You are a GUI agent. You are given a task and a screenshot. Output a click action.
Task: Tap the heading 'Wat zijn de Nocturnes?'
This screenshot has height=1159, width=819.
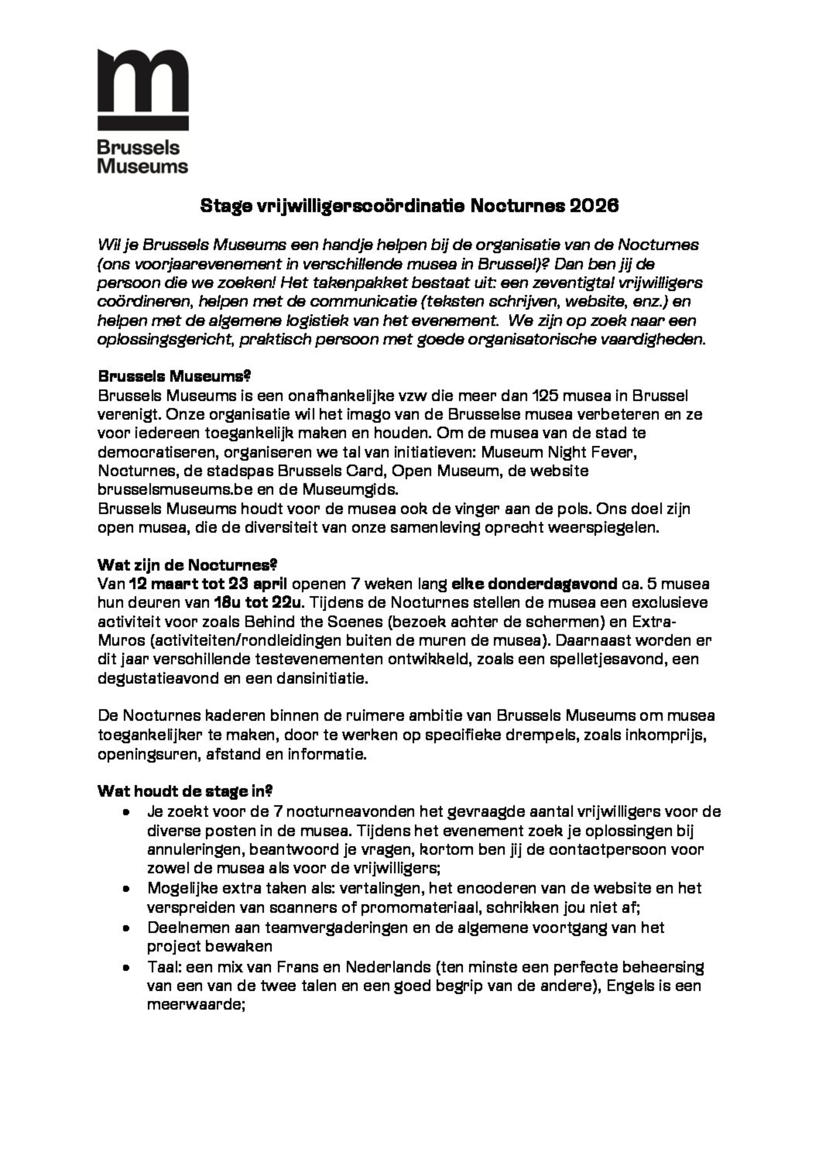click(x=187, y=564)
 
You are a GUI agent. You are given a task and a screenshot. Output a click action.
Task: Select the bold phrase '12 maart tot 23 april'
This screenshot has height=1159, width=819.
click(x=208, y=584)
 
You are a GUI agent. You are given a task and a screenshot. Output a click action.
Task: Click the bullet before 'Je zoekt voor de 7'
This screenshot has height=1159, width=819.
click(x=126, y=812)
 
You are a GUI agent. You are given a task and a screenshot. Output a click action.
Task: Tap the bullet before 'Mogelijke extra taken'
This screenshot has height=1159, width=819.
click(x=126, y=888)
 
